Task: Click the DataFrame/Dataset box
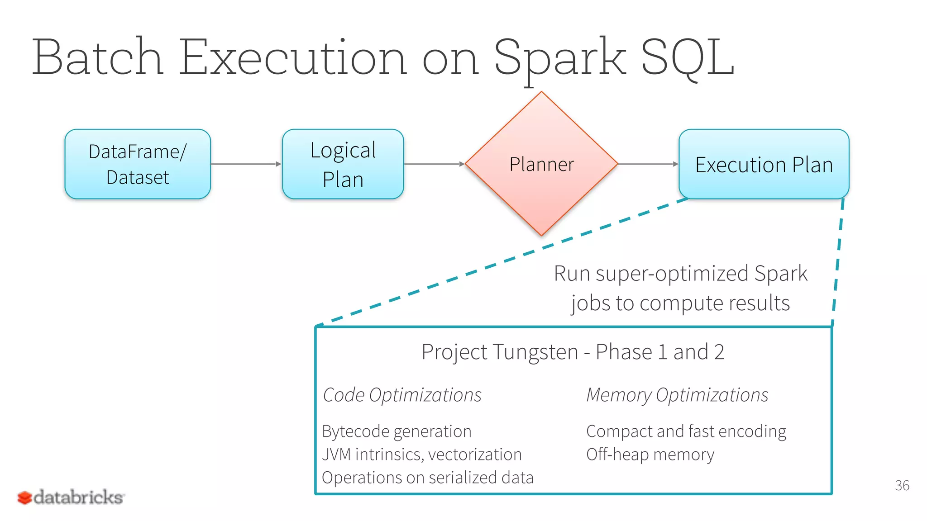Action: click(138, 164)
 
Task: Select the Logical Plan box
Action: click(343, 164)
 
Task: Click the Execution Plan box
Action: click(764, 164)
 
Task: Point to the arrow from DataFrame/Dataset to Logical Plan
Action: click(246, 164)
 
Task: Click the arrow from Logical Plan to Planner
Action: click(434, 164)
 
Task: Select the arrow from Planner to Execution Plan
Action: click(648, 164)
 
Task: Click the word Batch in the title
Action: click(98, 58)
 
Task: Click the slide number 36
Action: click(902, 485)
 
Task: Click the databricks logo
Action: click(71, 497)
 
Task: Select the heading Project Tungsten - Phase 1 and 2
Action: click(573, 352)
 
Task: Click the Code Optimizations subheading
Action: click(402, 395)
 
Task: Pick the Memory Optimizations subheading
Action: click(677, 395)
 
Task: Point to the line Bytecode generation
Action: click(397, 431)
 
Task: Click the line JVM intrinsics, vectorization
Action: click(422, 455)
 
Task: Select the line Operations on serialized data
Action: click(428, 478)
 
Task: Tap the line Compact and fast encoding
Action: click(686, 431)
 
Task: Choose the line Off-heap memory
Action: click(650, 455)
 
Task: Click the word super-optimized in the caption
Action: click(672, 274)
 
